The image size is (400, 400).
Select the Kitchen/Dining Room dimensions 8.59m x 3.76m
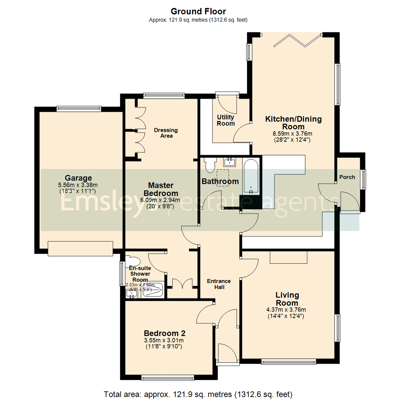tap(293, 134)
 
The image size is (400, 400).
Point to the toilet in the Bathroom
tap(210, 165)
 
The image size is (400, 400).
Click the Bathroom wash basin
tap(230, 162)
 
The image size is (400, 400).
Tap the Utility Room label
tap(226, 120)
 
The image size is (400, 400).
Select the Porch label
tap(347, 177)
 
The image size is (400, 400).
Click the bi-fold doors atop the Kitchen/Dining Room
tap(298, 40)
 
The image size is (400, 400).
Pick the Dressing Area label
tap(166, 133)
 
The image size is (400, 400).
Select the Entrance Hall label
tap(219, 284)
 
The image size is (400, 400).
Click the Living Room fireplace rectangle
tap(289, 257)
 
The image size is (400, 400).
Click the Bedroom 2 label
tap(164, 333)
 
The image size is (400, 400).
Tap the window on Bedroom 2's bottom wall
tap(167, 378)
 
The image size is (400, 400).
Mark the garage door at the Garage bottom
tap(80, 248)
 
